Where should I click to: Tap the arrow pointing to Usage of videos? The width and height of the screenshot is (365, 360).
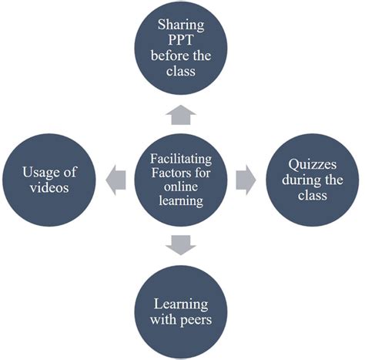point(116,171)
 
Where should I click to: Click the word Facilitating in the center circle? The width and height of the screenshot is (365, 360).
point(182,157)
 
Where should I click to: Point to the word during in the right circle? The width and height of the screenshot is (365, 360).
point(297,179)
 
